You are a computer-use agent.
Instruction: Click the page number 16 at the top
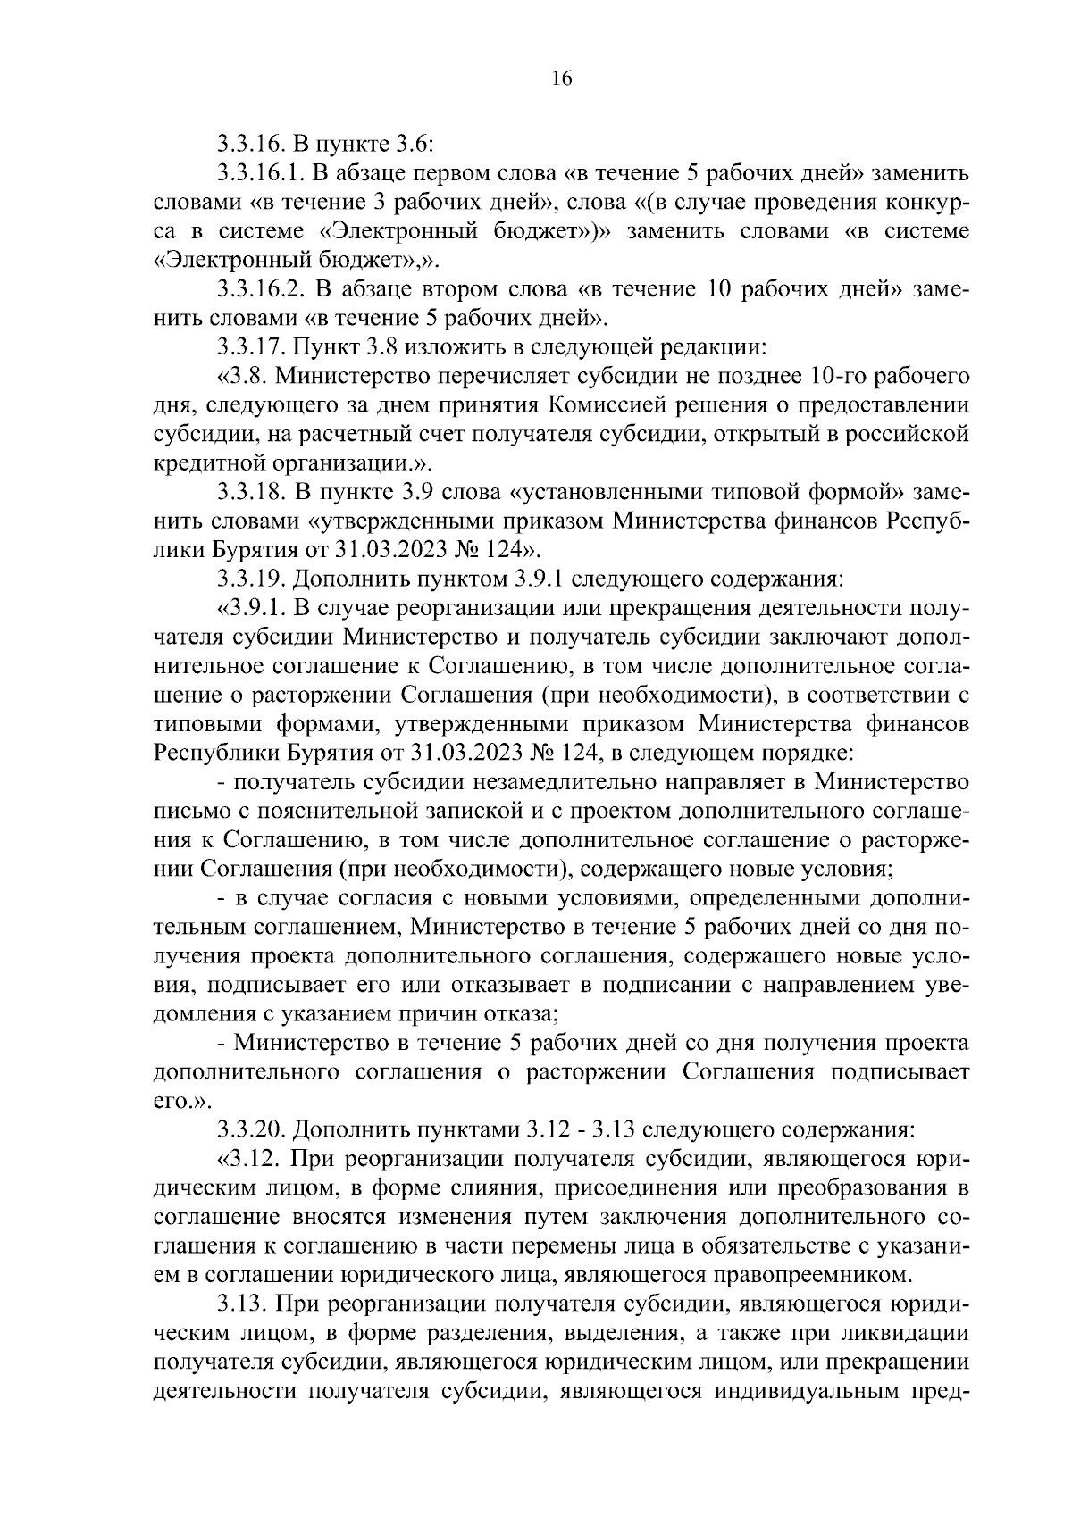click(561, 79)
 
